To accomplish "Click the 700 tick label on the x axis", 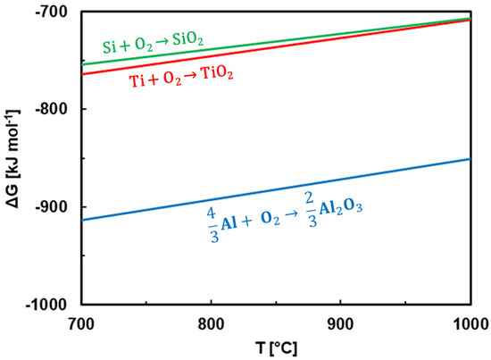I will point(79,323).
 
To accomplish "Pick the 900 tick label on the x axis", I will point(340,323).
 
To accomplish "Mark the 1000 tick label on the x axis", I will point(470,323).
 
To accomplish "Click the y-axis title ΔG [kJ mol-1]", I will point(13,157).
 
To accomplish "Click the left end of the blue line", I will point(80,220).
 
